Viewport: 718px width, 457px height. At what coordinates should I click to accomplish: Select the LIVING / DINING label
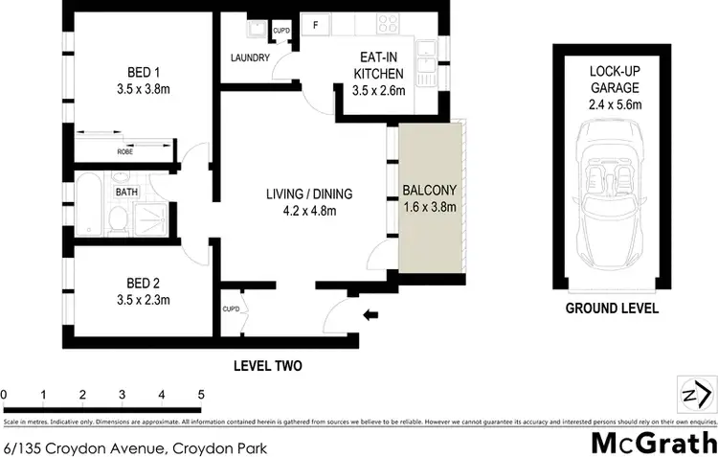(x=302, y=202)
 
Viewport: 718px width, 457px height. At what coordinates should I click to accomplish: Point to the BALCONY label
(x=430, y=196)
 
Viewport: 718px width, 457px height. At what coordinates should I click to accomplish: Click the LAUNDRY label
(x=250, y=58)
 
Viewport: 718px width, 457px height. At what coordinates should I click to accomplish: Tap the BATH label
(x=126, y=192)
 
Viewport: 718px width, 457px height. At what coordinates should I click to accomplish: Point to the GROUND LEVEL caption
(x=611, y=308)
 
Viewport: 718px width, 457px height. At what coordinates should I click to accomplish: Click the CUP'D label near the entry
(x=231, y=308)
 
